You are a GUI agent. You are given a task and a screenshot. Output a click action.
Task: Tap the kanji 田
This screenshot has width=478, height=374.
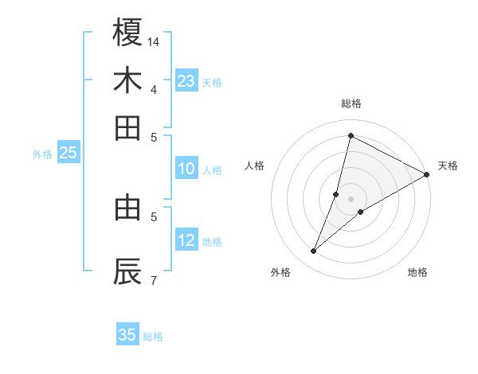click(127, 128)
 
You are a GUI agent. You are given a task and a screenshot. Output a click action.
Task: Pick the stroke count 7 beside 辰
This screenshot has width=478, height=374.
click(154, 279)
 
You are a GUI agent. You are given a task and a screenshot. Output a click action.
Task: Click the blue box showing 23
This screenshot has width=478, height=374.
click(186, 81)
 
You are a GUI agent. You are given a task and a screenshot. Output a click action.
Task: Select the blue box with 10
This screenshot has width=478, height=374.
click(186, 169)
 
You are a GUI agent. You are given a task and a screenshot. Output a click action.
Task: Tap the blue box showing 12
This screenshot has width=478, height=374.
click(186, 240)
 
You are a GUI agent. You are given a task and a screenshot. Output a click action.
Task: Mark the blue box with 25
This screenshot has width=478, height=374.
click(69, 154)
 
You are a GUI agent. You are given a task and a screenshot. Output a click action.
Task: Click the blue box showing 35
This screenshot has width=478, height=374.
click(127, 335)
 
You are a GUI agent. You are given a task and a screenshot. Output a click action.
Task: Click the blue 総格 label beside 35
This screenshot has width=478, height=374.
click(153, 337)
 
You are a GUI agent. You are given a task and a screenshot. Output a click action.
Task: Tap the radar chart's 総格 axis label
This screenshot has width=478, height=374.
click(351, 103)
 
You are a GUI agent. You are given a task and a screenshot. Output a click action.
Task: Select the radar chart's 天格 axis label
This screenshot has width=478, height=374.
click(448, 166)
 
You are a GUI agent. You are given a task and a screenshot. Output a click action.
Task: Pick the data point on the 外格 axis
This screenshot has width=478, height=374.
click(314, 251)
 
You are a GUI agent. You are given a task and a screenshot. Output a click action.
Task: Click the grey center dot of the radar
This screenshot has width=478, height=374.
click(351, 199)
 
